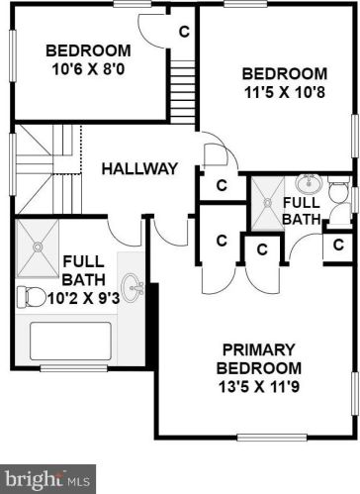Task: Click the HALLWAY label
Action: click(x=139, y=168)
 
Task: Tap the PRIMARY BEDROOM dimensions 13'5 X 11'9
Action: click(x=259, y=387)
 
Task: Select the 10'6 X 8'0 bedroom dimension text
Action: click(x=88, y=69)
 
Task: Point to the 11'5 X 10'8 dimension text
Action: click(x=285, y=92)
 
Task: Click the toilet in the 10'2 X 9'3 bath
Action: click(x=32, y=297)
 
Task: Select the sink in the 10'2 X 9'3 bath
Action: click(x=133, y=287)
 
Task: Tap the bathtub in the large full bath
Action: click(x=70, y=341)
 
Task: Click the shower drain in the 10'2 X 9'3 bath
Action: click(x=38, y=247)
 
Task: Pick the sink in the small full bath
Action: click(x=309, y=183)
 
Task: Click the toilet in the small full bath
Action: click(x=338, y=189)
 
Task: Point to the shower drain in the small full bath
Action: click(x=268, y=202)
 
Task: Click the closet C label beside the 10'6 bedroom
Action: click(x=184, y=32)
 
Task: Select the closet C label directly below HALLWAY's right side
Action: click(x=222, y=185)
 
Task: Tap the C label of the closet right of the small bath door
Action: click(x=338, y=245)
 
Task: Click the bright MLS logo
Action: click(x=47, y=479)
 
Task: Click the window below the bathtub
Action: click(x=73, y=368)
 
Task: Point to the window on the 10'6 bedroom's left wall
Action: click(x=13, y=55)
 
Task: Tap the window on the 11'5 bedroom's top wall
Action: click(x=245, y=4)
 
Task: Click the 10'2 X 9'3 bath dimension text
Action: click(x=83, y=299)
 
